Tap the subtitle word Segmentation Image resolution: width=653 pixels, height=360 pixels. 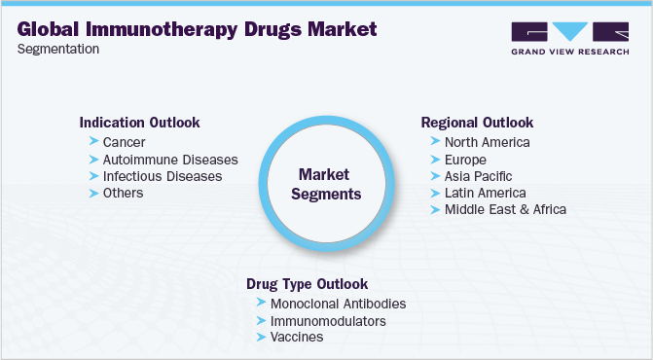pos(57,50)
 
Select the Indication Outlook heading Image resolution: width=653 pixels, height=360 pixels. pos(139,124)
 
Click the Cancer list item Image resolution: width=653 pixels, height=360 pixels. pos(124,142)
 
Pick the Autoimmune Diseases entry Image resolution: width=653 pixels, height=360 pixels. pos(170,160)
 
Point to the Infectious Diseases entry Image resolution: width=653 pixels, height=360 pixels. pos(163,176)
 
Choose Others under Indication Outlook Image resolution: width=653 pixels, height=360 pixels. pos(123,193)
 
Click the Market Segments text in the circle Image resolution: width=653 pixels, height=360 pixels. pos(329,184)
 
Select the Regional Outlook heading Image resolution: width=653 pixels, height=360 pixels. pos(477,123)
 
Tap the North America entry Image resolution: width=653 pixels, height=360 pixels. pos(487,142)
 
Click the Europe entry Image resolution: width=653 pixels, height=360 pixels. pos(465,160)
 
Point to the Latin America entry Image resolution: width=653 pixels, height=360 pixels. pos(486,193)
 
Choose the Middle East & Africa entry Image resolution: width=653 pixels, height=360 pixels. pos(505,209)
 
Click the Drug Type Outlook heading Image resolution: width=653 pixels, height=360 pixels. pos(308,284)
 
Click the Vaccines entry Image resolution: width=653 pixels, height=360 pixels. pos(297,337)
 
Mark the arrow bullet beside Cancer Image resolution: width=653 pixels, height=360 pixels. pos(92,142)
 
